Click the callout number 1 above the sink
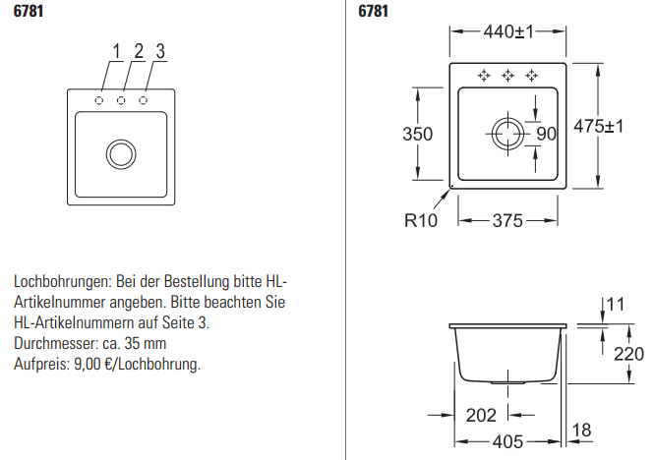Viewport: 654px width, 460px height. (x=115, y=51)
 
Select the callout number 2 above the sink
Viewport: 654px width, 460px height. (x=139, y=51)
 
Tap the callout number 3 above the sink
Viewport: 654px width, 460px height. (x=160, y=51)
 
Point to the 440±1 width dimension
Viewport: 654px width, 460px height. (x=507, y=32)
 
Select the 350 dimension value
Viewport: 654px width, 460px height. (x=418, y=134)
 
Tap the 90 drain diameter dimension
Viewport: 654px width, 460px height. (x=546, y=134)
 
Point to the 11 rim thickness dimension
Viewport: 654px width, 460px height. (x=616, y=305)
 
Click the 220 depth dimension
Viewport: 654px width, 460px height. (x=626, y=354)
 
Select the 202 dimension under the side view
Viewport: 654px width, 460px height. (x=481, y=415)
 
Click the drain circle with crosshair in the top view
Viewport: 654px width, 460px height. (x=508, y=134)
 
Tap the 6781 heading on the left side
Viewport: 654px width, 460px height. (x=29, y=13)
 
